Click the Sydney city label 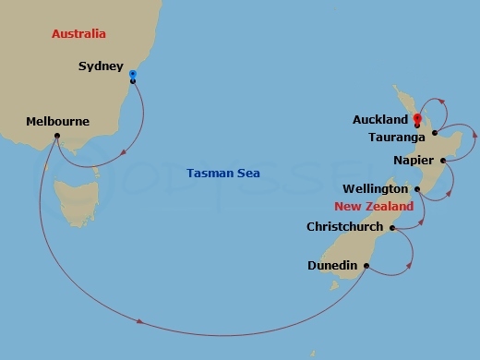(101, 66)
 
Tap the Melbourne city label (57, 121)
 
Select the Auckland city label (379, 120)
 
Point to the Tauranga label (395, 137)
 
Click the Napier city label (412, 161)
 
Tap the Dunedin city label (332, 266)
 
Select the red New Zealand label (373, 207)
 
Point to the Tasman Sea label (223, 173)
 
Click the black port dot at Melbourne (57, 136)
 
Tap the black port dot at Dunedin (366, 266)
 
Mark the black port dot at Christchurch (393, 227)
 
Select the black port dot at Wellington (417, 190)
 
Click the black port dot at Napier (444, 161)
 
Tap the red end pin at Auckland (417, 119)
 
